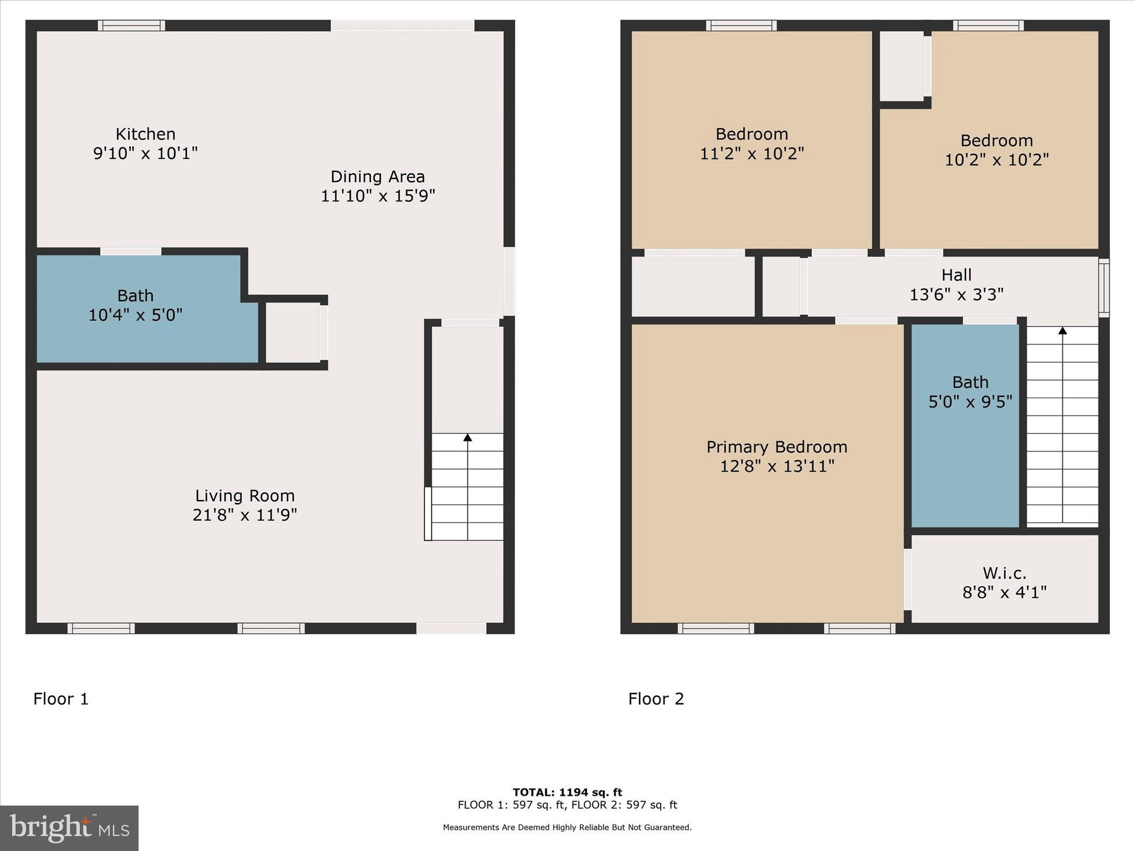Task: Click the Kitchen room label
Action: pos(145,134)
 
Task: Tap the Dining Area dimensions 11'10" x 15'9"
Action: pos(378,196)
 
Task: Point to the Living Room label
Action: pos(244,496)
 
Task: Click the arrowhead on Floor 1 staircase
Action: pos(468,438)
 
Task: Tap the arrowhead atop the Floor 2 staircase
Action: pos(1062,331)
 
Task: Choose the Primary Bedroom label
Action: pos(776,447)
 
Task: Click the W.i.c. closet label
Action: pos(1004,573)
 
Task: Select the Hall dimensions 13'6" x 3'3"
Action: pos(956,295)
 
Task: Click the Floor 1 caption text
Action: pos(61,699)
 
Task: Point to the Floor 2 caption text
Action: pos(656,699)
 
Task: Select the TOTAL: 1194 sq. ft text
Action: pos(567,792)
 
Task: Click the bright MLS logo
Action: pos(69,828)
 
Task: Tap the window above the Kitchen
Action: pos(131,25)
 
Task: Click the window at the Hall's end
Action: pos(1103,288)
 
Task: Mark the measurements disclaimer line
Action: pos(567,828)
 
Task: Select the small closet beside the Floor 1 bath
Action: pos(292,332)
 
